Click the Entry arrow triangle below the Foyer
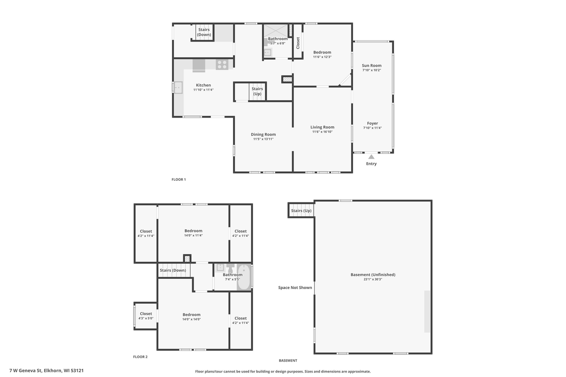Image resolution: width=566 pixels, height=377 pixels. (x=371, y=156)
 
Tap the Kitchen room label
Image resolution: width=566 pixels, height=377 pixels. (x=203, y=85)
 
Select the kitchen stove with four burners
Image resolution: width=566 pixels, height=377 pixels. (x=222, y=65)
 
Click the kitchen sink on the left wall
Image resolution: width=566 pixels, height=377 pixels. (x=178, y=88)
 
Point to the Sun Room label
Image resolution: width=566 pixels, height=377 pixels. (x=371, y=65)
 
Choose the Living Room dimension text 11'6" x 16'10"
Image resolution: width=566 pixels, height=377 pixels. (x=322, y=132)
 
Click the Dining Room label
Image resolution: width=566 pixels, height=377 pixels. (x=263, y=134)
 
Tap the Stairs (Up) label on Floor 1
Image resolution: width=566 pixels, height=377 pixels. (x=257, y=91)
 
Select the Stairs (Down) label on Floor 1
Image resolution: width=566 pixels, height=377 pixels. (x=204, y=32)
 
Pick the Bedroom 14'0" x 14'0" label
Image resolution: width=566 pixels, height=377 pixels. (x=191, y=315)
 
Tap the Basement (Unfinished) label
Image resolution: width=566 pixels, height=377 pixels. (x=373, y=274)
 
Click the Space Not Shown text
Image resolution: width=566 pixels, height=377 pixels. (x=295, y=288)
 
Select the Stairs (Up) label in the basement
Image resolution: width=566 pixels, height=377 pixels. (x=301, y=210)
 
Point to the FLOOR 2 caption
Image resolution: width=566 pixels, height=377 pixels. (x=140, y=357)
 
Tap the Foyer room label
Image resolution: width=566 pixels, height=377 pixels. (x=372, y=123)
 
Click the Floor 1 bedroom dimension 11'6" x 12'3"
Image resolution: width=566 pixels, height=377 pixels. (x=322, y=57)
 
